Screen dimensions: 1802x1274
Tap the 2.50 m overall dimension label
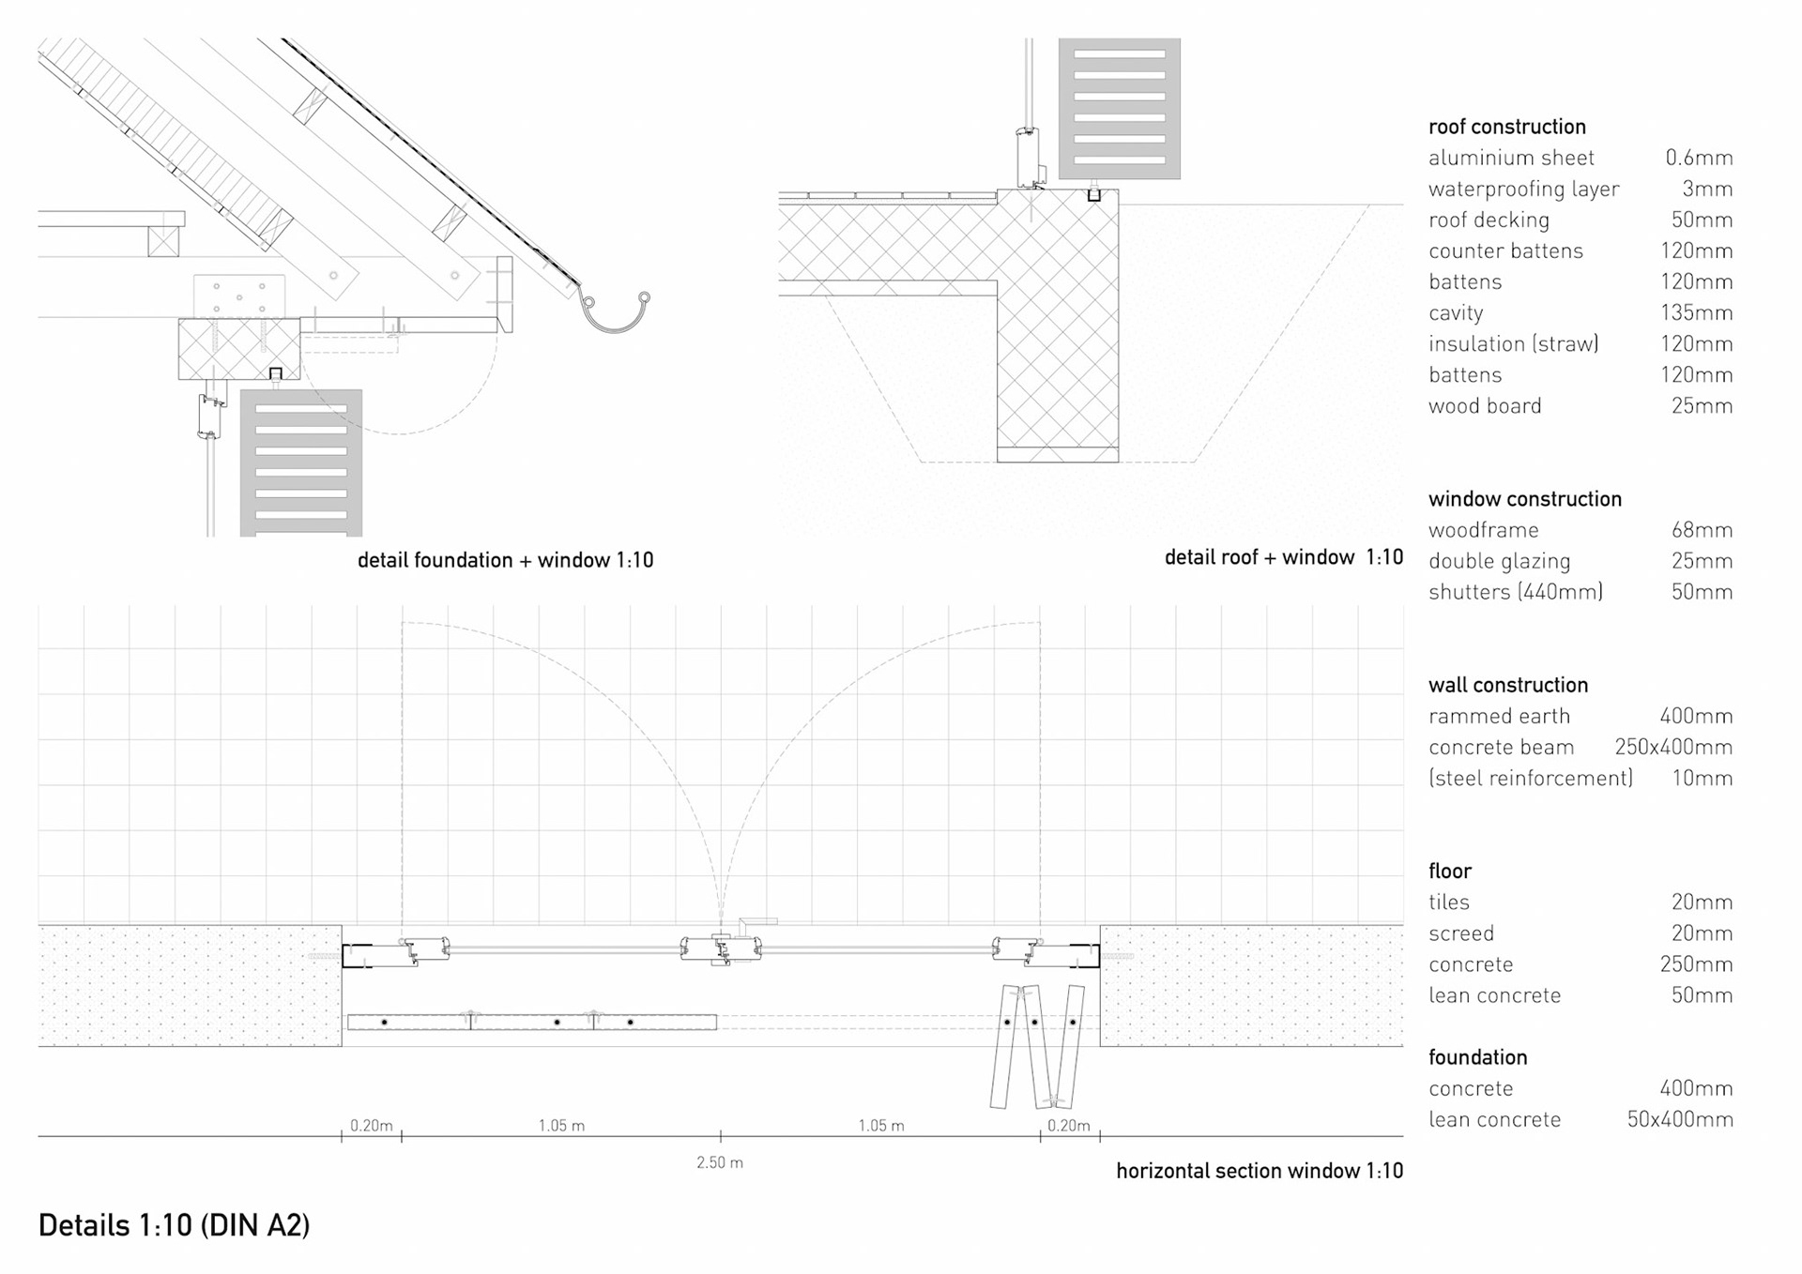719,1162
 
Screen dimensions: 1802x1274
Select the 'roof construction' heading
1506,127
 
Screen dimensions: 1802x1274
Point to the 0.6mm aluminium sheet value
1699,158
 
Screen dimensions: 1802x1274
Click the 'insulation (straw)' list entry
1513,343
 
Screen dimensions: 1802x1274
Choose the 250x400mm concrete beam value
1672,747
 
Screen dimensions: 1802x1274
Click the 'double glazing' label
1499,561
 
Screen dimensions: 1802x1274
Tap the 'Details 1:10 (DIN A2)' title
174,1225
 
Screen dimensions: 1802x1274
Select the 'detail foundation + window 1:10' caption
505,560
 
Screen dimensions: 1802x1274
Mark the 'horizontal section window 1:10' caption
1260,1171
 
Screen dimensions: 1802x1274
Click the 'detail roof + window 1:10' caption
1283,557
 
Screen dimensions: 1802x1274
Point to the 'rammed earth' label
1499,716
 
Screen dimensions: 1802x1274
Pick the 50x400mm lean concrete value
1679,1119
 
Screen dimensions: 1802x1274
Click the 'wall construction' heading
1507,685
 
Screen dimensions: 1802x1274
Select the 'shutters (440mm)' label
1515,592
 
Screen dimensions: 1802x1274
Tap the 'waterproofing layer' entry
1523,189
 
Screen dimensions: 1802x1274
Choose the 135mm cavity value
1696,312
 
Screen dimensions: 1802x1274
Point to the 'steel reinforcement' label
1530,778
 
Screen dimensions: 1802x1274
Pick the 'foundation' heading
1477,1057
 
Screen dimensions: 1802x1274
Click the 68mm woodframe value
1701,530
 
